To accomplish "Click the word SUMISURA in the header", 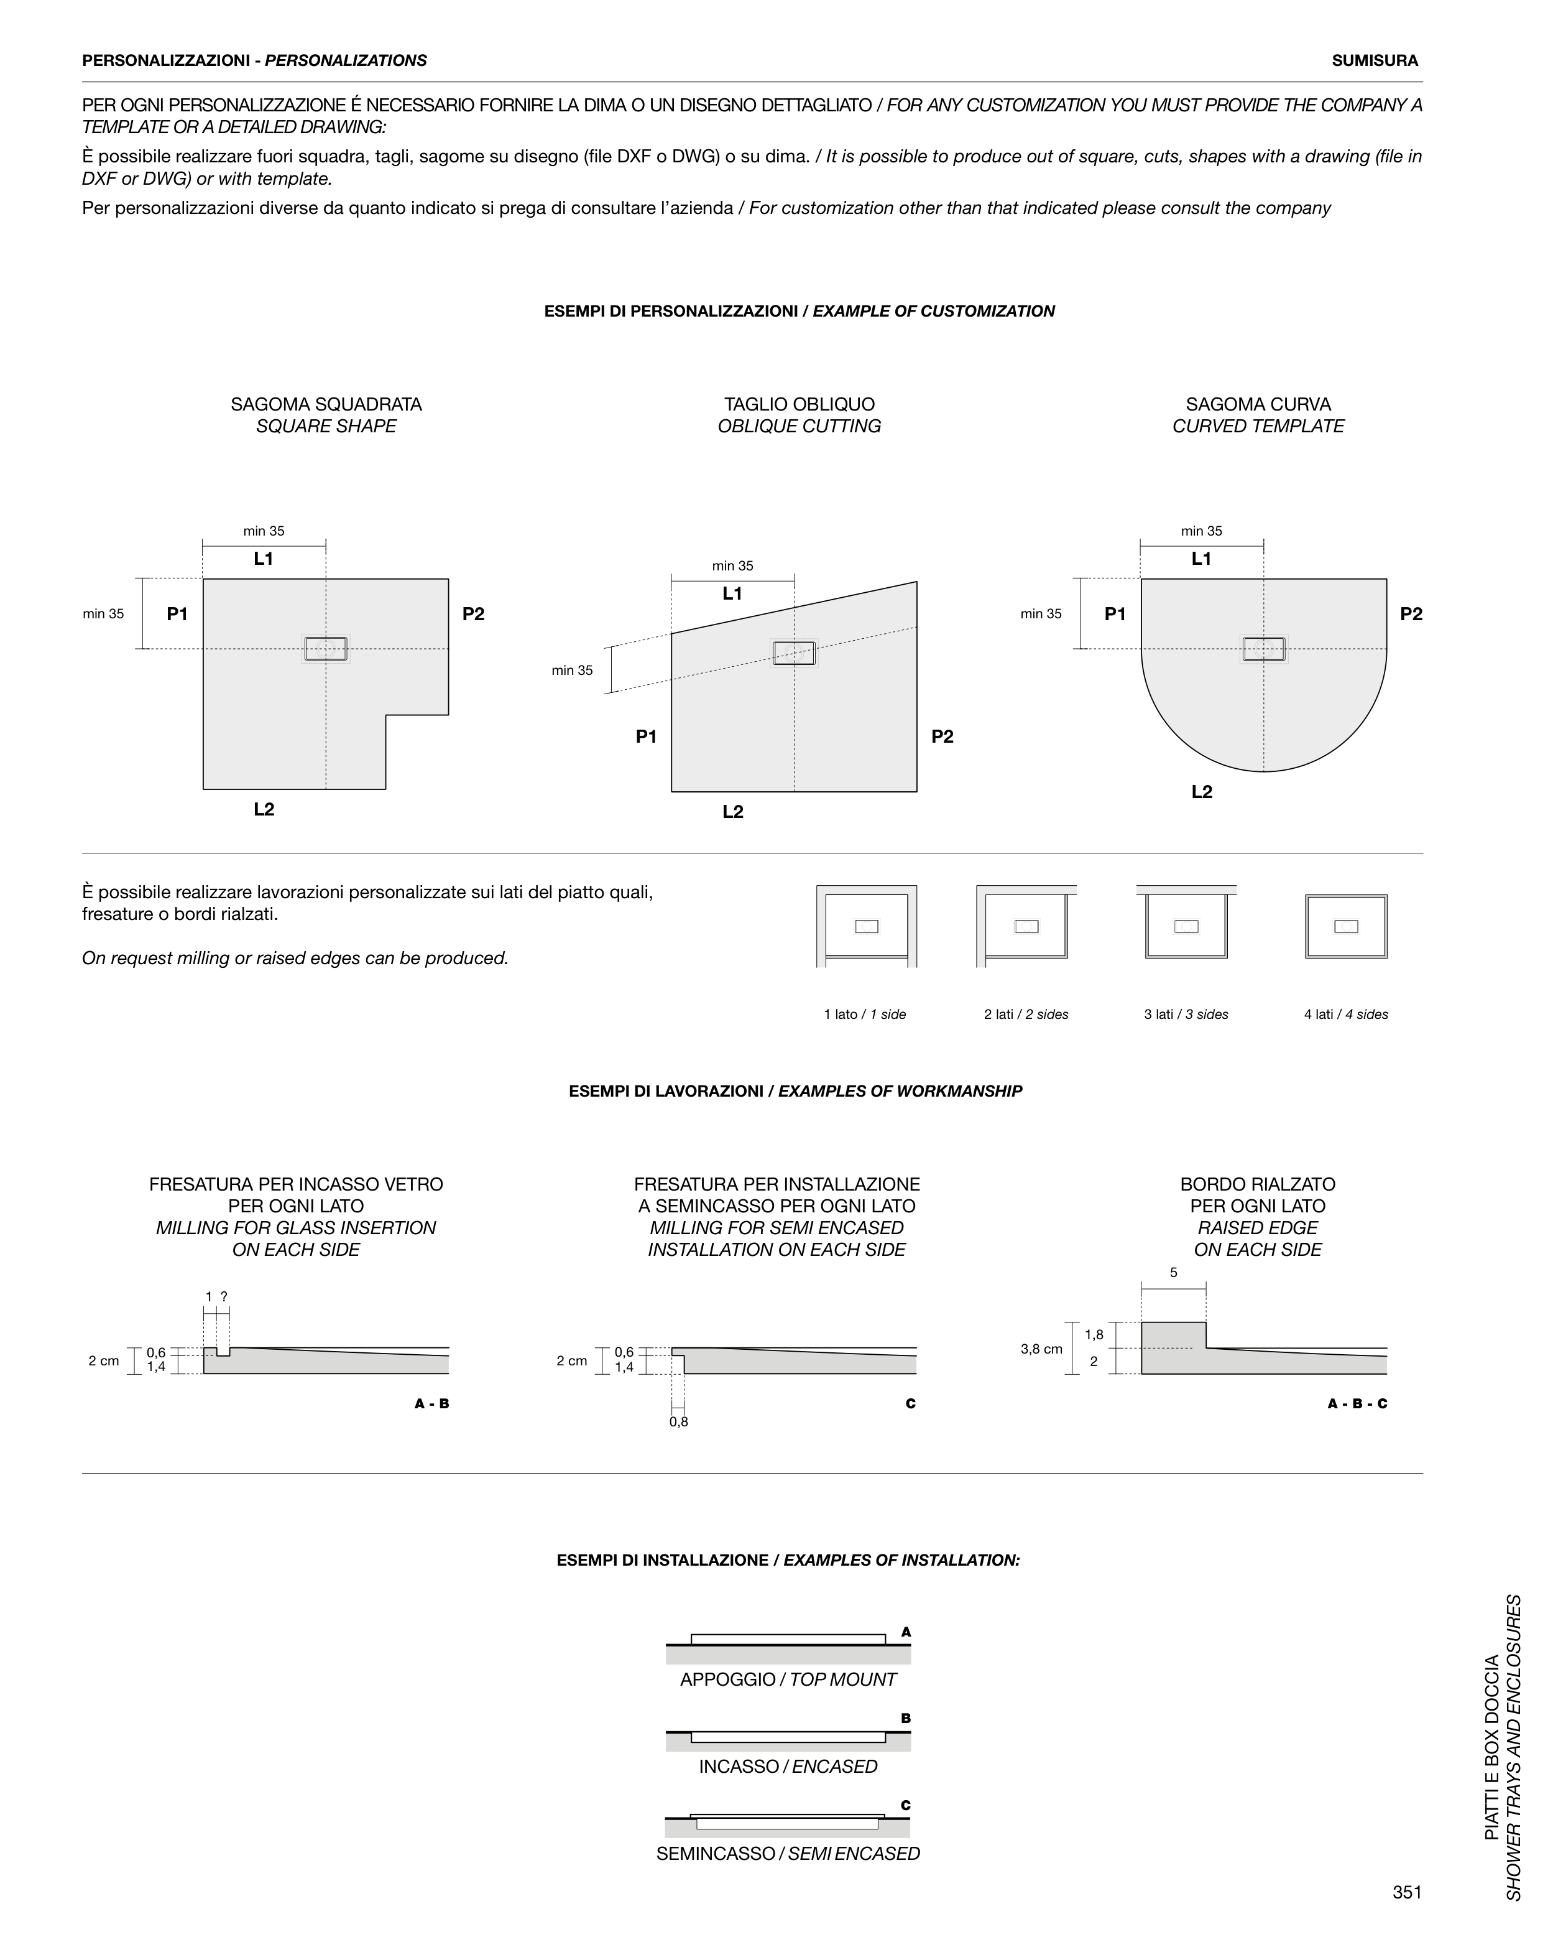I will point(1375,60).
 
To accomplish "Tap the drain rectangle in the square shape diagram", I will point(326,649).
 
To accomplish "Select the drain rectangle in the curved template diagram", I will point(1264,649).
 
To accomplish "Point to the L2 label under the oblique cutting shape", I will point(733,812).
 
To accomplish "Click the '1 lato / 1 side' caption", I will point(864,1015).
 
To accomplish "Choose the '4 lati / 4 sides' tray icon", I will point(1346,926).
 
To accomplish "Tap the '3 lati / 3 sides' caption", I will point(1186,1015).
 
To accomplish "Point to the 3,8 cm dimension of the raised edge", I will point(1041,1349).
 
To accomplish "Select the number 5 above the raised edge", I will point(1173,1273).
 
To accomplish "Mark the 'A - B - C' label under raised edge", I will point(1357,1403).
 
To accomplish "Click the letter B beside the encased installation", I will point(906,1719).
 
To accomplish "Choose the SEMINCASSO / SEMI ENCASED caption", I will point(788,1854).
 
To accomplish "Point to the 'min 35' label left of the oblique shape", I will point(572,670).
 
